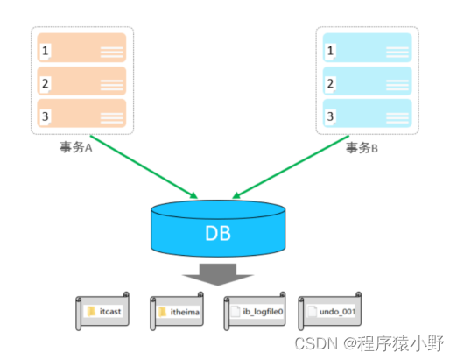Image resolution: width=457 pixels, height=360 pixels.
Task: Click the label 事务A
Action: coord(76,147)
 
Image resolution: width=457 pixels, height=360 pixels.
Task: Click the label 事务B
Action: coord(362,148)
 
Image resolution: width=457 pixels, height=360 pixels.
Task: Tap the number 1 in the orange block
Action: coord(45,51)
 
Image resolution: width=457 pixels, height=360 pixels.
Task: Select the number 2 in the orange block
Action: coord(45,84)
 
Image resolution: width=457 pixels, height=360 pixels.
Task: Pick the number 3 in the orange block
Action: coord(45,116)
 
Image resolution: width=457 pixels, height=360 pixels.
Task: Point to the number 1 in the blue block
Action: coord(330,51)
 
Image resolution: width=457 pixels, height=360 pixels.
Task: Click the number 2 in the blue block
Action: coord(330,84)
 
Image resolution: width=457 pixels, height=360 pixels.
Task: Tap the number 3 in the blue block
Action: coord(330,116)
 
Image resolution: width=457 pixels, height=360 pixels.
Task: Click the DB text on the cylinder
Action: coord(218,233)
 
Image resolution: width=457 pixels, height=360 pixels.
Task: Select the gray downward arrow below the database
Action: coord(218,274)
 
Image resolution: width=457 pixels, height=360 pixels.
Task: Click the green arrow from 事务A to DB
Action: coord(144,167)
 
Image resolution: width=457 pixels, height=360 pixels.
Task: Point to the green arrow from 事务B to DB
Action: coord(291,167)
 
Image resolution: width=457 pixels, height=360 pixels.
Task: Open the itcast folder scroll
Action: coord(102,311)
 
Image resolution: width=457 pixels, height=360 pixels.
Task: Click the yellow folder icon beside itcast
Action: coord(91,311)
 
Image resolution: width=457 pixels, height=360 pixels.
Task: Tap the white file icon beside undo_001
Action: coord(312,312)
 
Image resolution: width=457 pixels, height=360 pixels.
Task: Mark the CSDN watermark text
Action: coord(369,343)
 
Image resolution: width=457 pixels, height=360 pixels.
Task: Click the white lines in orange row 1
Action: coord(111,53)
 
